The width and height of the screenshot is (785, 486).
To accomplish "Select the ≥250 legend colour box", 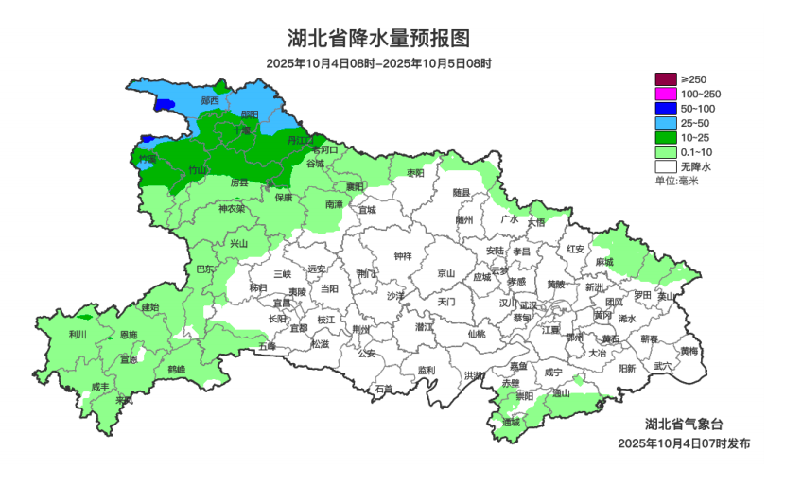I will pos(666,79).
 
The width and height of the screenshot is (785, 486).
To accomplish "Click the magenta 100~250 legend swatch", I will pos(666,94).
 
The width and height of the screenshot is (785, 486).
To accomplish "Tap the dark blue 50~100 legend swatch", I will pos(666,108).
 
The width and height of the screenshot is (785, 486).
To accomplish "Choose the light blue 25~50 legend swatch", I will pos(666,123).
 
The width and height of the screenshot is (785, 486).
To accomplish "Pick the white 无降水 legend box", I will pos(666,166).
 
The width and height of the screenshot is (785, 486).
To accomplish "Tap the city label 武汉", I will pos(528,305).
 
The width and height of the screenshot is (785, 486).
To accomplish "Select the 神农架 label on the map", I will pos(231,209).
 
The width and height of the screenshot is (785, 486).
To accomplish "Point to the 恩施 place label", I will pos(128,335).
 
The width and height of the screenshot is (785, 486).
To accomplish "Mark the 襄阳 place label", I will pos(354,187).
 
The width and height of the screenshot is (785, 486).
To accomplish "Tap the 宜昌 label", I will pos(282,303).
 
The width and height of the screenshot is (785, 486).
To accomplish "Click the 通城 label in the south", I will pos(512,422).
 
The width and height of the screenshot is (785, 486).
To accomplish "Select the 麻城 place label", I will pos(603,262).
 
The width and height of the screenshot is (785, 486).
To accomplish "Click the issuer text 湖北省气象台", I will pos(684,423).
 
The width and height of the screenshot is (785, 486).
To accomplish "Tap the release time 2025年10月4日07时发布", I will pos(684,443).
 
